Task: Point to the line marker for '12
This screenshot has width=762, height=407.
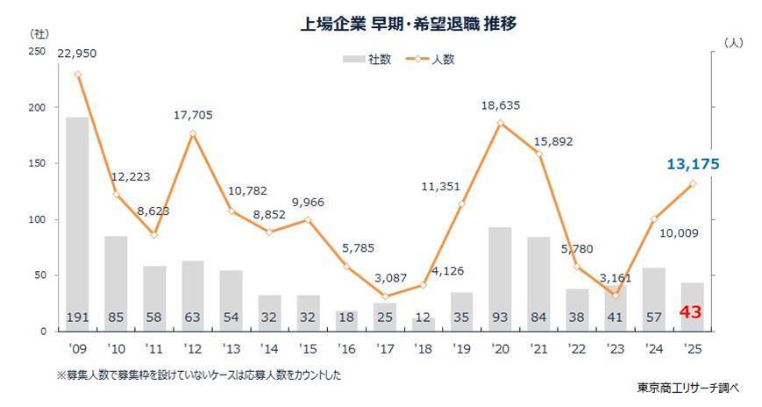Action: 192,134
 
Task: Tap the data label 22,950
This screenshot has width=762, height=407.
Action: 77,54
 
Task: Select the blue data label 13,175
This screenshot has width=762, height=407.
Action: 692,162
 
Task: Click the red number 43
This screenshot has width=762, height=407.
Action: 692,313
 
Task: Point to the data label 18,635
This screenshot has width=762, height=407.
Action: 501,104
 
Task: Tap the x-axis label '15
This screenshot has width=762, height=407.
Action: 308,347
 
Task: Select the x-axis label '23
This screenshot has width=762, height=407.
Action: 615,347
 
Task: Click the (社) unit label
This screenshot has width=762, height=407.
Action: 39,32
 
